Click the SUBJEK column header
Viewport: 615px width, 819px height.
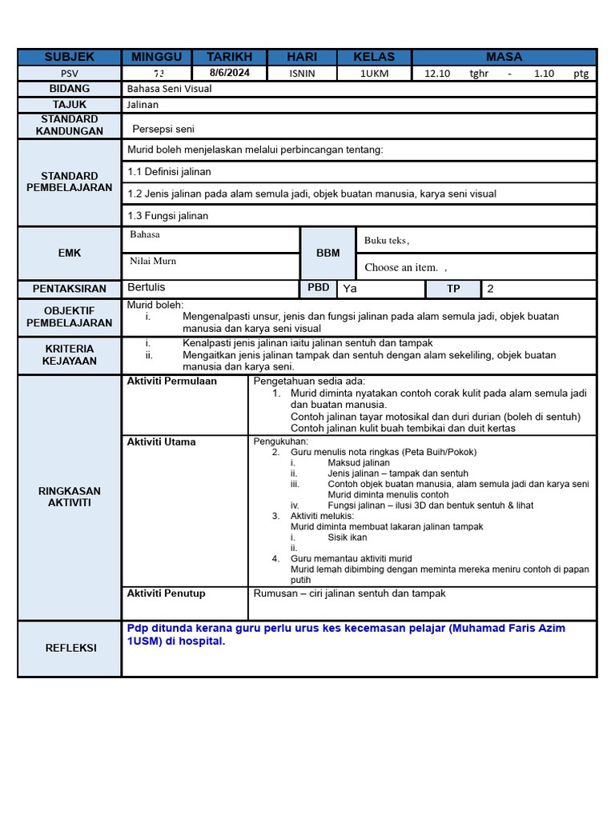(x=70, y=57)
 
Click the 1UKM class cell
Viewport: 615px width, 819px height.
(x=374, y=73)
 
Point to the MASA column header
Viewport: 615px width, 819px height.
(x=504, y=57)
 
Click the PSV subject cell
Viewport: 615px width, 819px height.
(x=70, y=73)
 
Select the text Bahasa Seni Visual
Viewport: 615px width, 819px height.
(x=169, y=89)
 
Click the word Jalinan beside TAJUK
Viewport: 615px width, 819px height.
(x=143, y=105)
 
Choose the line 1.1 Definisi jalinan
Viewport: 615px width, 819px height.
(x=169, y=172)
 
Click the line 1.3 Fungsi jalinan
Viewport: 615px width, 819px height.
(x=167, y=216)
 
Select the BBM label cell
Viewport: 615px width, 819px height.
(x=328, y=253)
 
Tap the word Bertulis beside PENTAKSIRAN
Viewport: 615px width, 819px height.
(x=147, y=287)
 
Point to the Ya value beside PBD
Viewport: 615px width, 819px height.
(x=350, y=288)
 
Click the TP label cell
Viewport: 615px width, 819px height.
(x=454, y=289)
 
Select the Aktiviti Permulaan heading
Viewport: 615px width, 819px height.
(x=171, y=382)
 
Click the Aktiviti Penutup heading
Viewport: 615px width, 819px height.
(x=166, y=593)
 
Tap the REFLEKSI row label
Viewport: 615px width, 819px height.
(x=70, y=648)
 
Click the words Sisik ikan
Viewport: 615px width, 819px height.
(x=348, y=538)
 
